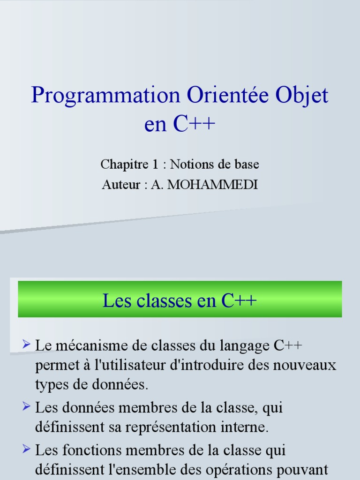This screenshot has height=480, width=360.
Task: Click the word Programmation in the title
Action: pyautogui.click(x=105, y=96)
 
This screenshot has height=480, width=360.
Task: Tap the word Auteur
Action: pyautogui.click(x=121, y=185)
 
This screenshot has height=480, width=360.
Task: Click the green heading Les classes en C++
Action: pyautogui.click(x=180, y=300)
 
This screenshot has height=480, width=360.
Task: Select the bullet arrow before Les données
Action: pyautogui.click(x=26, y=405)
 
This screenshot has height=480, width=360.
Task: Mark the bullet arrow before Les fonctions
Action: pyautogui.click(x=26, y=449)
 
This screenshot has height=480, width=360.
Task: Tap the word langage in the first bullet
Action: pyautogui.click(x=246, y=346)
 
